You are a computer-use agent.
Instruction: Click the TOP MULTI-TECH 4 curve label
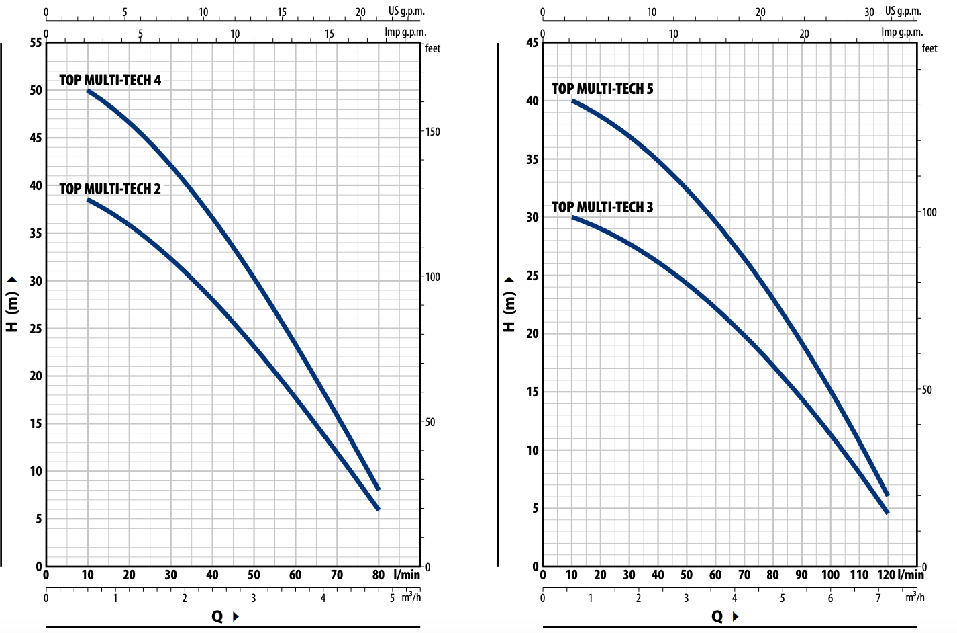[x=110, y=80]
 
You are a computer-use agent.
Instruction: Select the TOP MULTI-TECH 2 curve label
[x=110, y=189]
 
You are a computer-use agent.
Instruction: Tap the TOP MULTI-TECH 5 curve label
[x=602, y=89]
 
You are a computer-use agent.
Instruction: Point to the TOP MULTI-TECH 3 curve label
[x=602, y=207]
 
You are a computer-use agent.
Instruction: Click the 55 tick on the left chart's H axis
[x=36, y=43]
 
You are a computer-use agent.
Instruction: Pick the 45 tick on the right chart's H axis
[x=532, y=43]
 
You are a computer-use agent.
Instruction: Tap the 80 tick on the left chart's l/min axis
[x=379, y=575]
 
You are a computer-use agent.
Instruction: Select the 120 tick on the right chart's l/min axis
[x=886, y=575]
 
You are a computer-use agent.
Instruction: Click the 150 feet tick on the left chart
[x=432, y=132]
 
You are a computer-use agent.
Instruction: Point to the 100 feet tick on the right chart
[x=929, y=212]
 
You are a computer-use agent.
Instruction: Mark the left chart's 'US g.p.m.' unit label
[x=406, y=11]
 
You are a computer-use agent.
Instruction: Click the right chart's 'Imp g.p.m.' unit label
[x=902, y=32]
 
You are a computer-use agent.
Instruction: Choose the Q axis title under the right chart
[x=717, y=616]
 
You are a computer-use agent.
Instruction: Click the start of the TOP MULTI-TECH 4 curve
[x=88, y=90]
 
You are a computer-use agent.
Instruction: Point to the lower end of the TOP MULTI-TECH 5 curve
[x=887, y=495]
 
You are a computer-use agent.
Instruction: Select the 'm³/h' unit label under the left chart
[x=411, y=597]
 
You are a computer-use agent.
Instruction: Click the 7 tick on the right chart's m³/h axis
[x=878, y=598]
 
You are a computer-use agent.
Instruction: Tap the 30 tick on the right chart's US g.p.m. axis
[x=869, y=12]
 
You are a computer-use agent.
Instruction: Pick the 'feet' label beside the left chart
[x=433, y=48]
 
